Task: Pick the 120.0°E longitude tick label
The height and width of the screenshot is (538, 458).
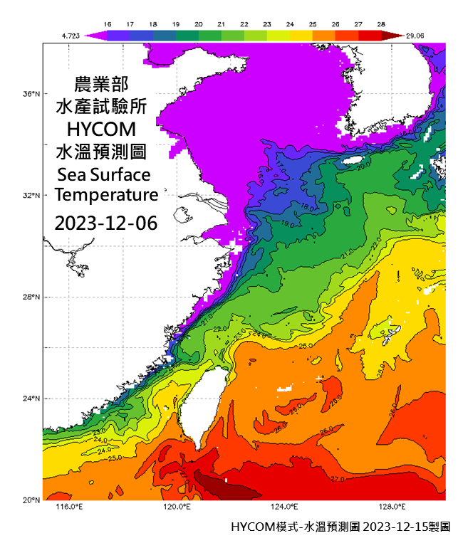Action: click(176, 507)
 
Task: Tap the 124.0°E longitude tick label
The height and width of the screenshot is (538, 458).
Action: click(284, 507)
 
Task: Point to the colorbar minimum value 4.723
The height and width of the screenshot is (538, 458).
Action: click(70, 34)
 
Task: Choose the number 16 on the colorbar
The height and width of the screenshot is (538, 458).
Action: click(108, 24)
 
